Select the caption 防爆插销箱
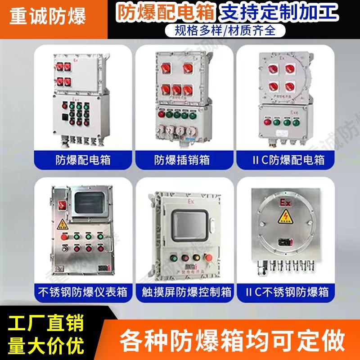coord(182,159)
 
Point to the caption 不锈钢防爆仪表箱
coord(82,292)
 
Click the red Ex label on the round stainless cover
coord(285,202)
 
